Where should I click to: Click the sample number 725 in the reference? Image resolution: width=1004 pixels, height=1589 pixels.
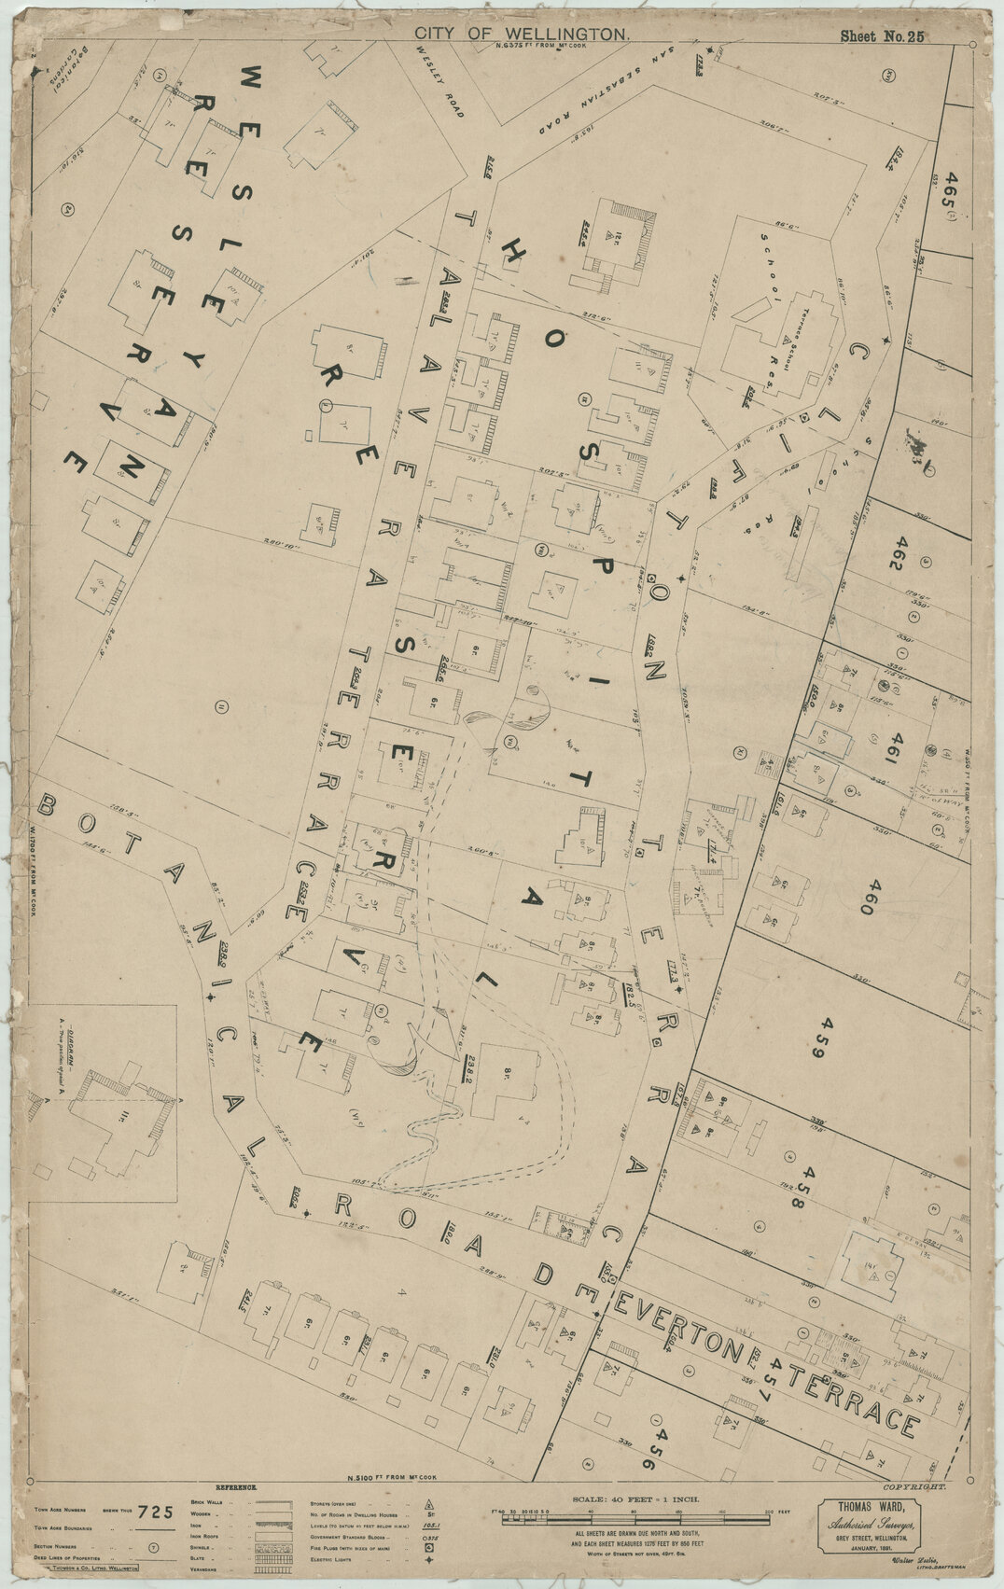156,1512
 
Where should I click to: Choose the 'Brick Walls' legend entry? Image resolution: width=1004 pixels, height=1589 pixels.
217,1502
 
